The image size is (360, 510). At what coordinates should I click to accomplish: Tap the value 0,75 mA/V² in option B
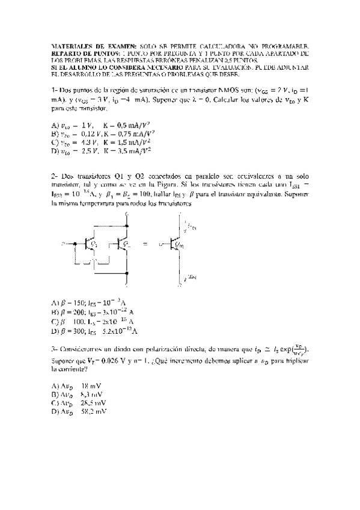coord(129,133)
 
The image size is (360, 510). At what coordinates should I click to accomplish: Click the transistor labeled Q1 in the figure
coord(91,244)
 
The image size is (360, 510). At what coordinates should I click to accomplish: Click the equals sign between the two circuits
coord(145,245)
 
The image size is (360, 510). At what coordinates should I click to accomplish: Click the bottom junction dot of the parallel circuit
coord(127,274)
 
